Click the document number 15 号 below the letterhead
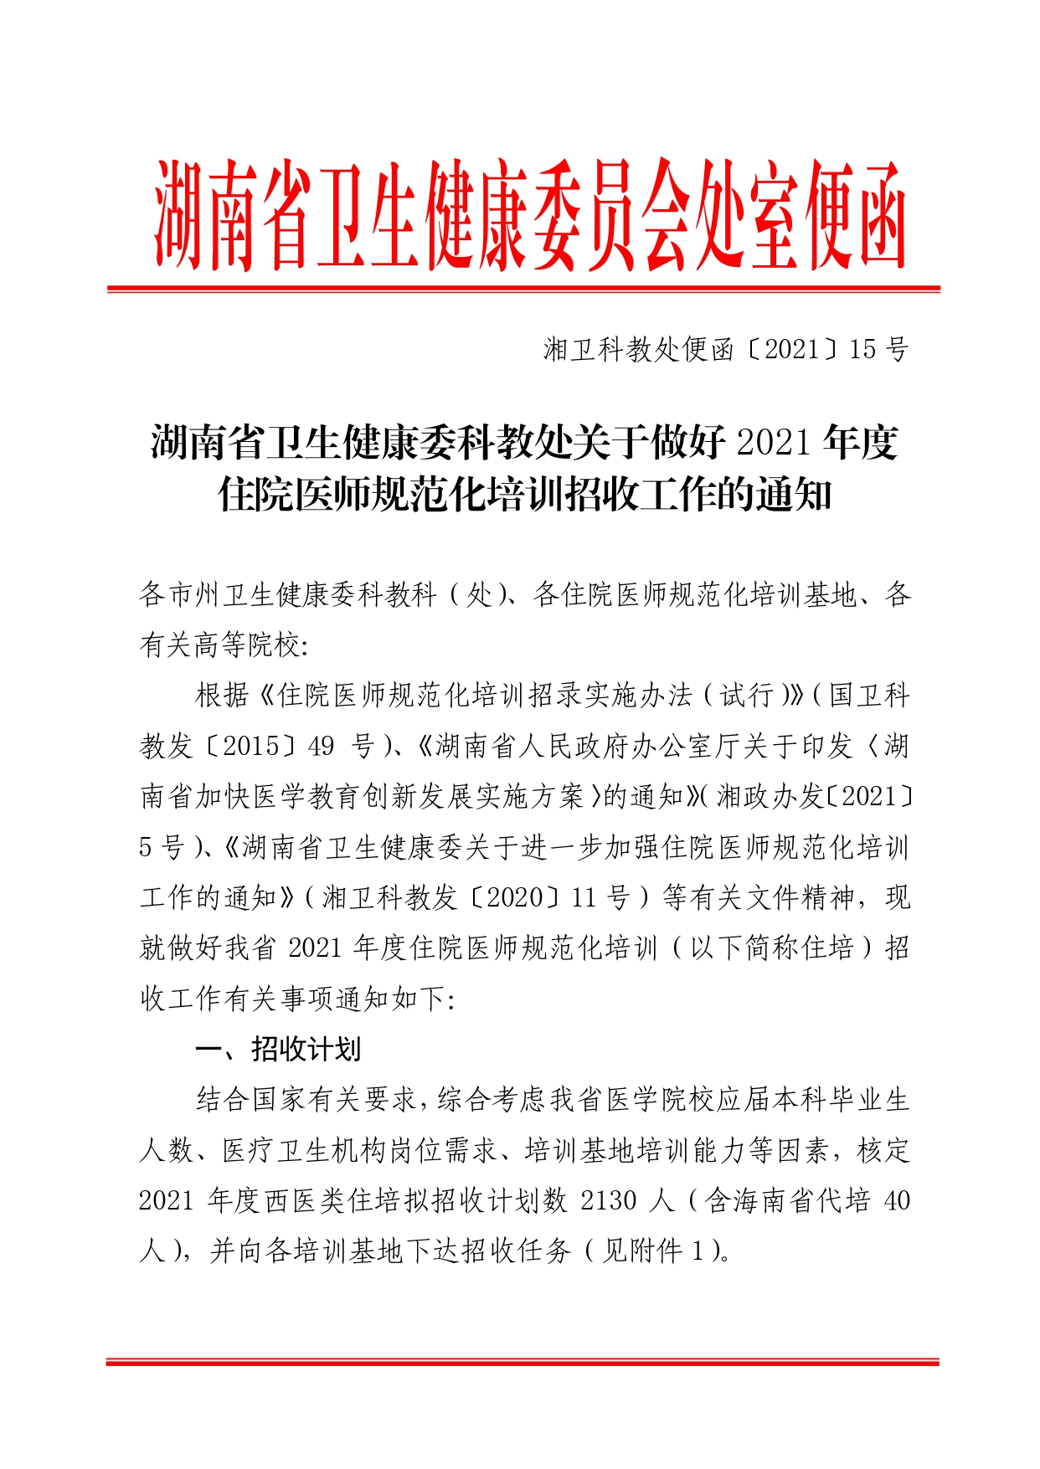click(x=878, y=349)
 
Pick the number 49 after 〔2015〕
click(x=321, y=746)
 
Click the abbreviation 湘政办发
click(x=770, y=796)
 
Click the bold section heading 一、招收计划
click(x=278, y=1049)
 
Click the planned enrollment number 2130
click(x=609, y=1200)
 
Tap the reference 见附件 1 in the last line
click(x=656, y=1251)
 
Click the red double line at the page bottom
click(x=523, y=1362)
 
